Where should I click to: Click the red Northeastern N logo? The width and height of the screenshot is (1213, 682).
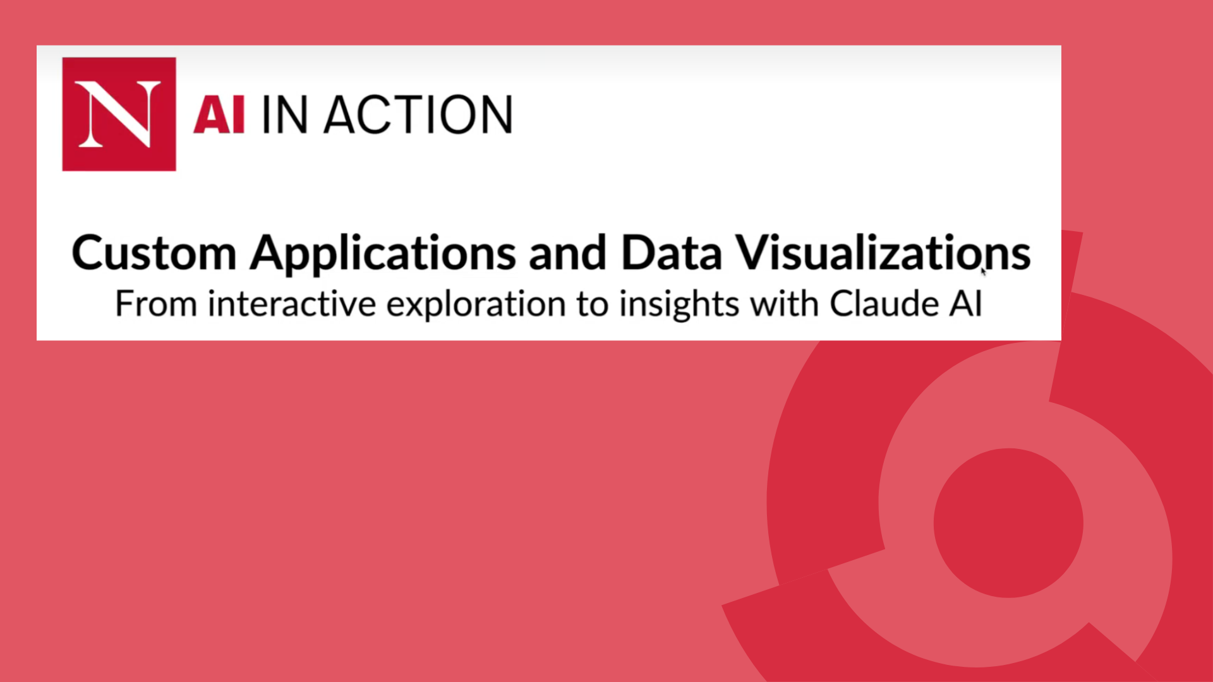119,114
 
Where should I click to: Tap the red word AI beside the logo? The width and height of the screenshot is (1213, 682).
219,115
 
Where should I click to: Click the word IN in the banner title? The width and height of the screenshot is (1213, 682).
284,115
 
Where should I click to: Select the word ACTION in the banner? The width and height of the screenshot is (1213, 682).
418,115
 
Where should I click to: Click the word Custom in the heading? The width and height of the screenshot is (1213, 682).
154,253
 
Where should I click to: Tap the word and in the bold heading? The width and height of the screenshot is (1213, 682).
567,253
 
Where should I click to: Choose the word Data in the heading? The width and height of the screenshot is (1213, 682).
671,253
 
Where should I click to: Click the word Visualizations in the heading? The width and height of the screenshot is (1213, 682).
883,253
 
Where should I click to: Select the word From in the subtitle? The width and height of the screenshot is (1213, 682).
155,304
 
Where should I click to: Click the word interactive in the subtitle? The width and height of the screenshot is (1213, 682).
292,304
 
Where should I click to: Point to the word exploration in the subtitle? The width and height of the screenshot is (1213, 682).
476,305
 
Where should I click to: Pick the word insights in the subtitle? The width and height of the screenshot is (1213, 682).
679,305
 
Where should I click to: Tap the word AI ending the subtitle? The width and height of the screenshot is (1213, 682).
965,304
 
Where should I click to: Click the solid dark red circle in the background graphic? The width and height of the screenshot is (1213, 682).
1008,523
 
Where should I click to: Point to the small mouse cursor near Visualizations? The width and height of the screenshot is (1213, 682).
983,271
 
